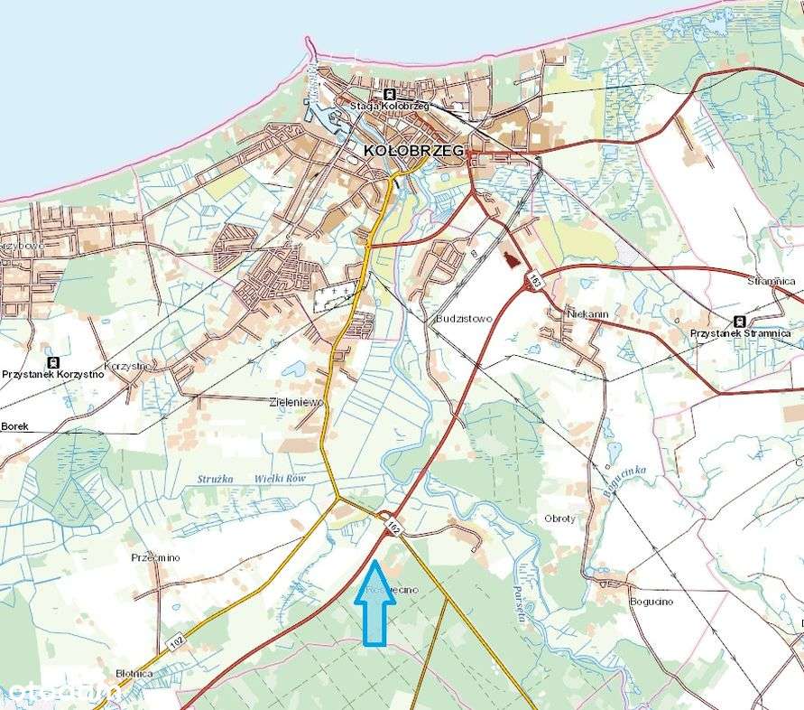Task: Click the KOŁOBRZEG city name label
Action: (414, 151)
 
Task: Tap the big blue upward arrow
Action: (374, 603)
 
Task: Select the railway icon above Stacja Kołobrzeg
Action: (389, 95)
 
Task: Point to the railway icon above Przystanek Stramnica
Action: (740, 321)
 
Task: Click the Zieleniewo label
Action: (296, 402)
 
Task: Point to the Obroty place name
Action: (559, 518)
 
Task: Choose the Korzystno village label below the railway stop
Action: (126, 366)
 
